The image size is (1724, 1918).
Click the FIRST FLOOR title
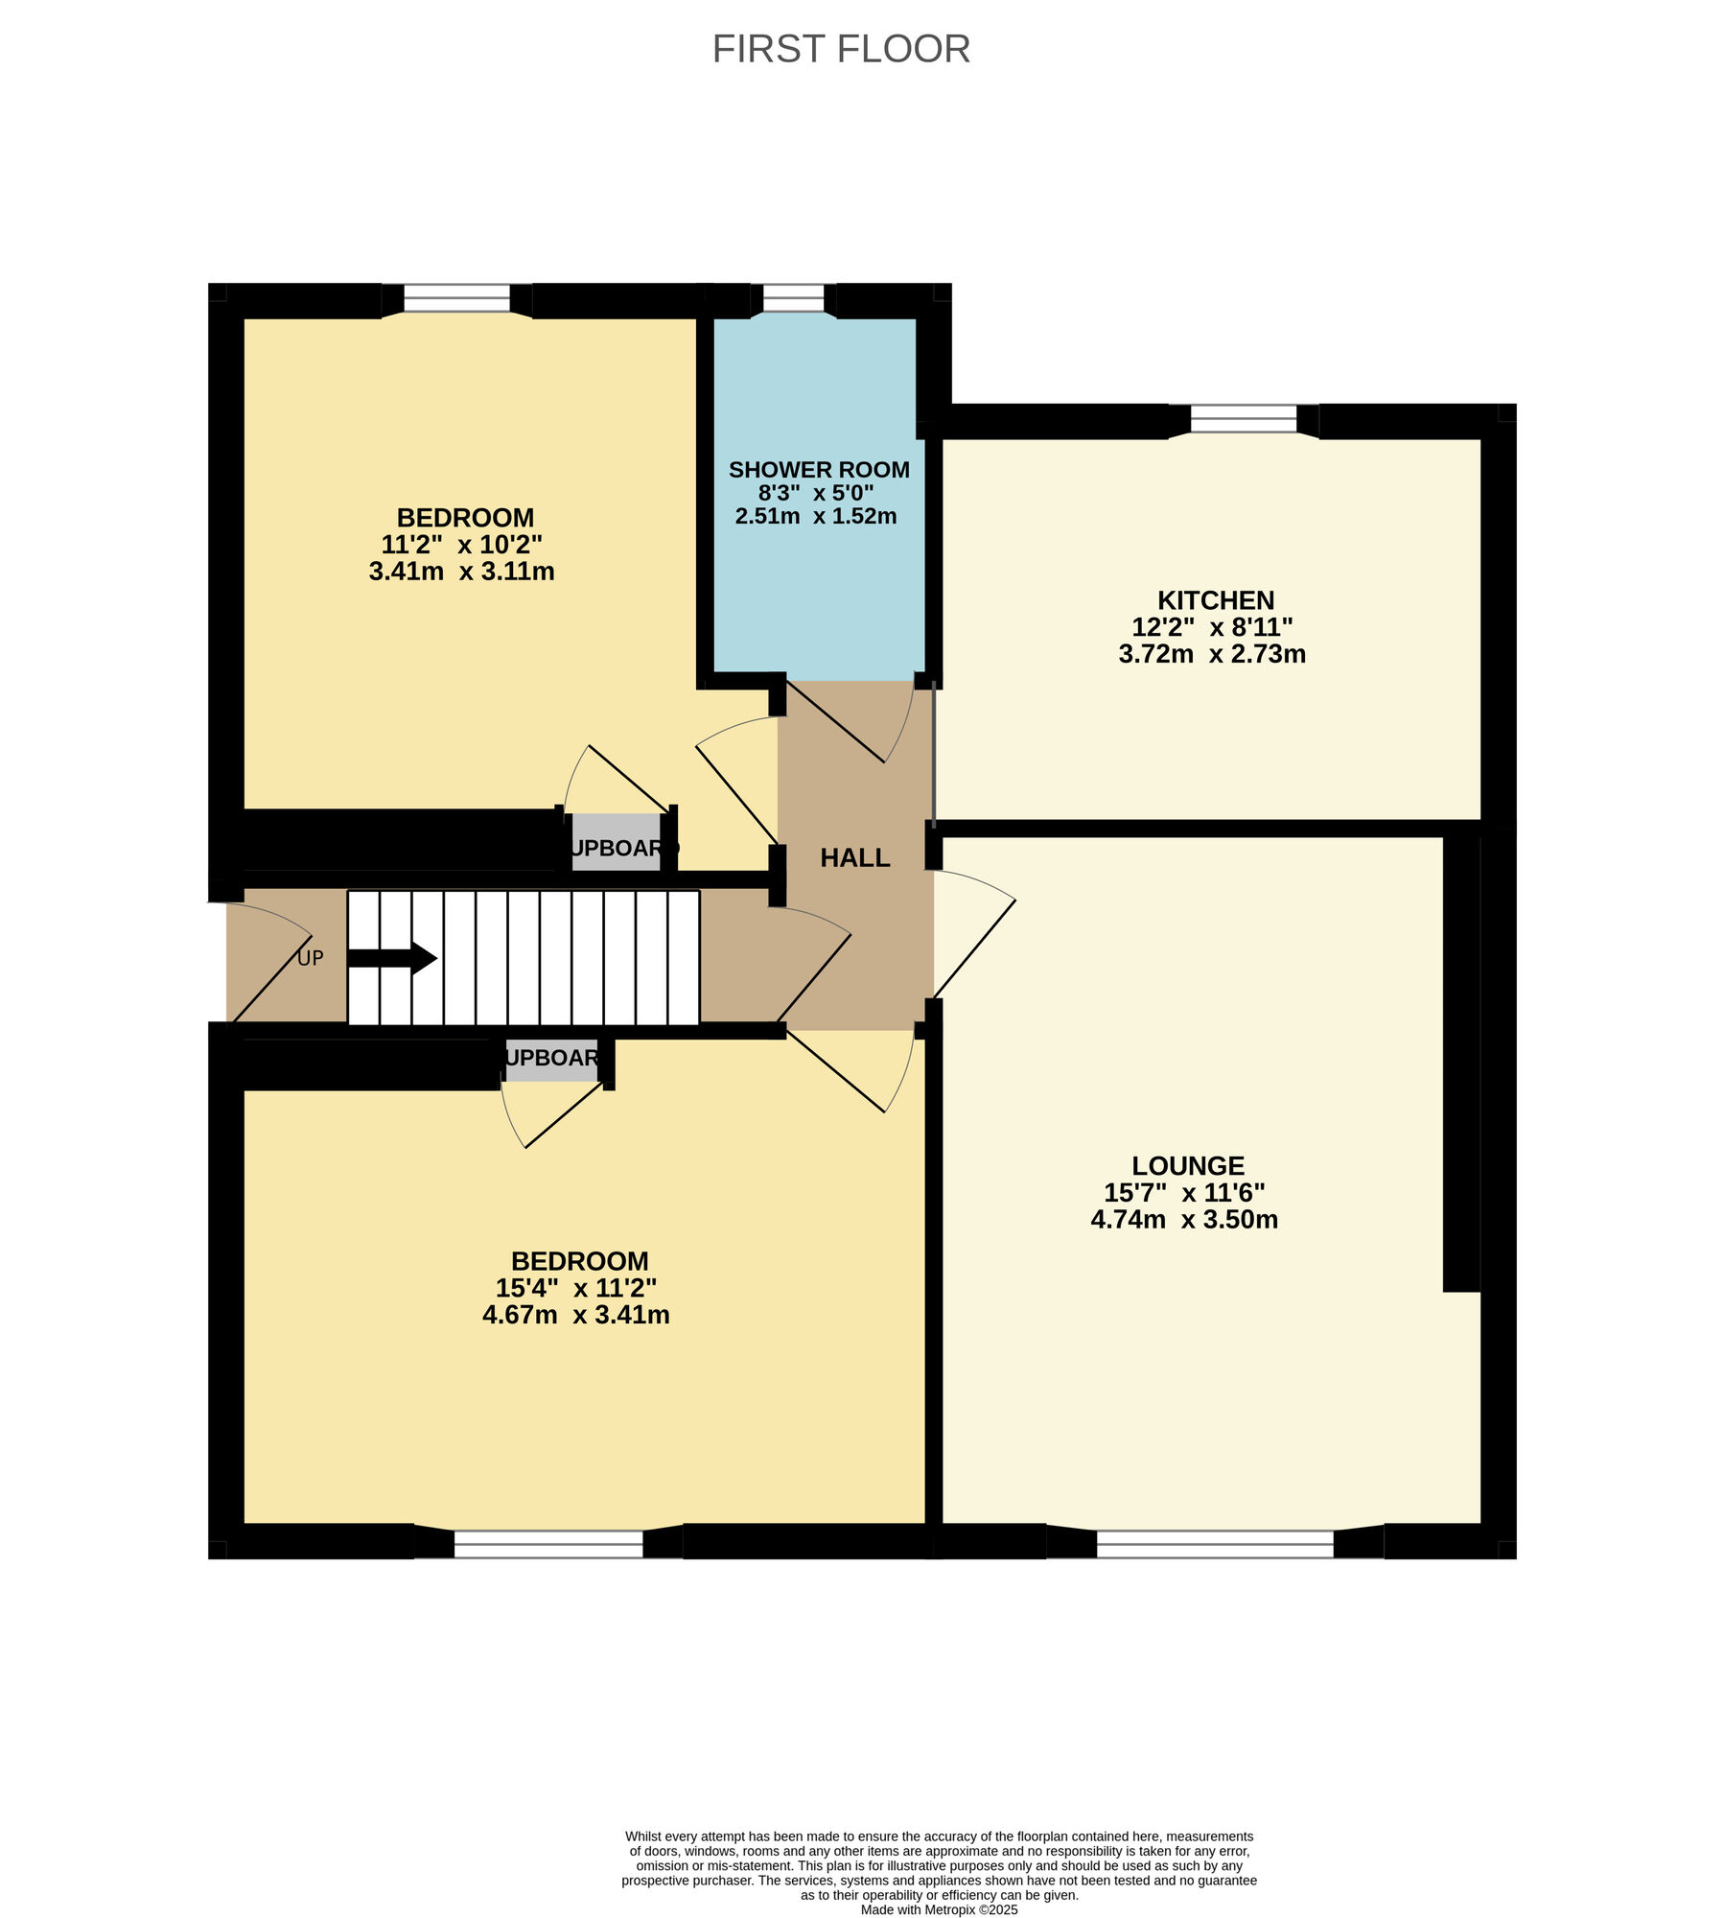(841, 49)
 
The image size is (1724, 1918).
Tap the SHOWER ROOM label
(819, 470)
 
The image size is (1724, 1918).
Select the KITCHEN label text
(1216, 600)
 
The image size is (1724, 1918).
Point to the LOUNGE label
(1188, 1166)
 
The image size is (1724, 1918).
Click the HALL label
(855, 857)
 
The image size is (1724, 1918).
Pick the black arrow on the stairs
(392, 958)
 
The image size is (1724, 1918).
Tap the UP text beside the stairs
(311, 958)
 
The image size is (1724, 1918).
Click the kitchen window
(1244, 419)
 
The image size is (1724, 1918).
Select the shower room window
(793, 298)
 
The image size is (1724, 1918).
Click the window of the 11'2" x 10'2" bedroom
(456, 298)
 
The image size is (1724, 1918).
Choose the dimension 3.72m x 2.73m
(1212, 654)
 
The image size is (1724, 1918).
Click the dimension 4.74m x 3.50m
(1184, 1220)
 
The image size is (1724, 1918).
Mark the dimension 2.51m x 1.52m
(816, 516)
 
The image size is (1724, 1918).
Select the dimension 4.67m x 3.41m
(575, 1315)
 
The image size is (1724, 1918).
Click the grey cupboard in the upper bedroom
(617, 843)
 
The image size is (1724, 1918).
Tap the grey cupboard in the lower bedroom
(552, 1060)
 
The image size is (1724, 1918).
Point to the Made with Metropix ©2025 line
(939, 1909)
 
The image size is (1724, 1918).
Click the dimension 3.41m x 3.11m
(461, 572)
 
